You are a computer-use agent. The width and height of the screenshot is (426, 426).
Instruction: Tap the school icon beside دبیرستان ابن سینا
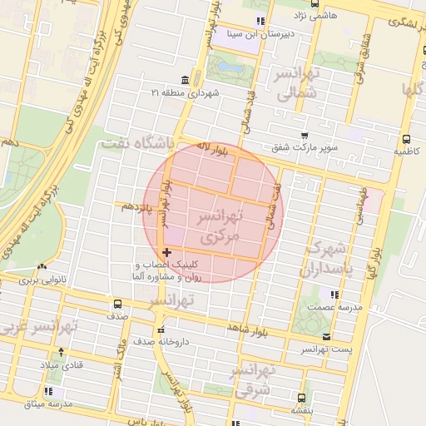click(260, 20)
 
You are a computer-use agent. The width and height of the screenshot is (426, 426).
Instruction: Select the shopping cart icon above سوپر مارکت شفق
click(304, 135)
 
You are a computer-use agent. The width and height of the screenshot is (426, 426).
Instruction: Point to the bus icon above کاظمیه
click(406, 139)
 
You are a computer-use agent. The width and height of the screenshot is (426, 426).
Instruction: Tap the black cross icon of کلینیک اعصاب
click(167, 252)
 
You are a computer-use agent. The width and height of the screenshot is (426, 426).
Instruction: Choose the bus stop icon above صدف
click(116, 304)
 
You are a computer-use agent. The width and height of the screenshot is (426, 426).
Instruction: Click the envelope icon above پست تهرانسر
click(325, 337)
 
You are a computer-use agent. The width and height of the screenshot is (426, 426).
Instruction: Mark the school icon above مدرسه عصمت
click(334, 295)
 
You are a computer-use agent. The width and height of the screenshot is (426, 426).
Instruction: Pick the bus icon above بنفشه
click(300, 398)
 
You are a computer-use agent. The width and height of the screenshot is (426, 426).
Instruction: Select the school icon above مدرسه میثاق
click(50, 391)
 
